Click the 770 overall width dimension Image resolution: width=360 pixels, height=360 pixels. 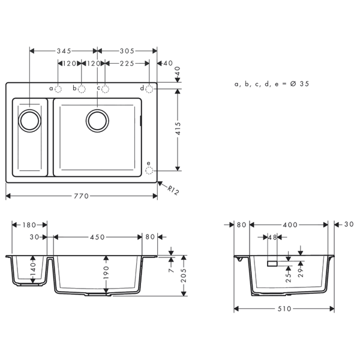[81, 196]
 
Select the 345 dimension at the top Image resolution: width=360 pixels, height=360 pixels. [64, 51]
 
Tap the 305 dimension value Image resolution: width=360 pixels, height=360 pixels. [127, 51]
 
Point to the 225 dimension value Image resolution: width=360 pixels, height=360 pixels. [127, 63]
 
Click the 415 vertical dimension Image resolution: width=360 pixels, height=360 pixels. [179, 128]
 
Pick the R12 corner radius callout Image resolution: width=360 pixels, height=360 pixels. [173, 190]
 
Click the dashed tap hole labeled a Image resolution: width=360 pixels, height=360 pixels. [58, 89]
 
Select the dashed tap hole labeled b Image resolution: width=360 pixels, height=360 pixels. [82, 89]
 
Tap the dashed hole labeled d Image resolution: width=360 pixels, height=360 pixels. [149, 89]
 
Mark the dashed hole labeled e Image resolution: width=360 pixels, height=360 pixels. [149, 170]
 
